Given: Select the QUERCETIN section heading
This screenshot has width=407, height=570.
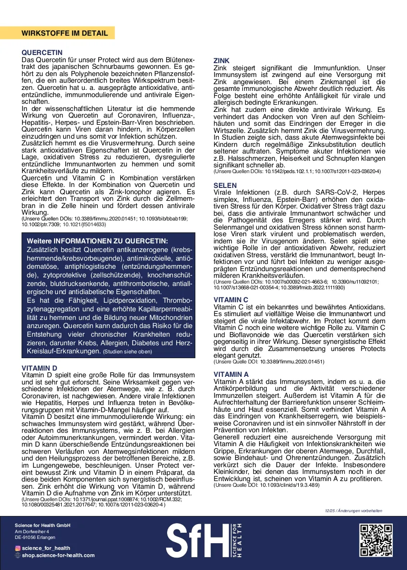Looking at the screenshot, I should [42, 53].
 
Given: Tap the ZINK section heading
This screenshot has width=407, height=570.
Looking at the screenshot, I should [221, 61].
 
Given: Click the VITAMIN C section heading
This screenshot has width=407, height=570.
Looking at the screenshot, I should [231, 300].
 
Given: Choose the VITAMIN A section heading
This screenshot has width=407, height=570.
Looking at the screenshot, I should [231, 374].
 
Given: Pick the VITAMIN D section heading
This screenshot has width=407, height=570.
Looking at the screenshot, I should [40, 368].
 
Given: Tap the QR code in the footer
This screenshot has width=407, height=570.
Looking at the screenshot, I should [376, 541].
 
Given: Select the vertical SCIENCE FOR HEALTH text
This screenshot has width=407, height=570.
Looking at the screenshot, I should [237, 540].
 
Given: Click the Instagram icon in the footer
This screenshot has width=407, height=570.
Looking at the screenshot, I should [18, 548].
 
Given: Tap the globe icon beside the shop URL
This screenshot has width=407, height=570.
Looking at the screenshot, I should [18, 555].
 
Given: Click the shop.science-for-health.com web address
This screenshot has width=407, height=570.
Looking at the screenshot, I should [58, 555].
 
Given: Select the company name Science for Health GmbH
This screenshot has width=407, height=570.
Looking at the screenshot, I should [43, 526].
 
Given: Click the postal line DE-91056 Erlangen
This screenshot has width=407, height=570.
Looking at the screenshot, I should [35, 537].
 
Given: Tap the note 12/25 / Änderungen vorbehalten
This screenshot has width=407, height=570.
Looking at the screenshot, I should [353, 511].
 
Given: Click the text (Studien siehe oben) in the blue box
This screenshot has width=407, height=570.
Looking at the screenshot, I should [128, 352].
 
